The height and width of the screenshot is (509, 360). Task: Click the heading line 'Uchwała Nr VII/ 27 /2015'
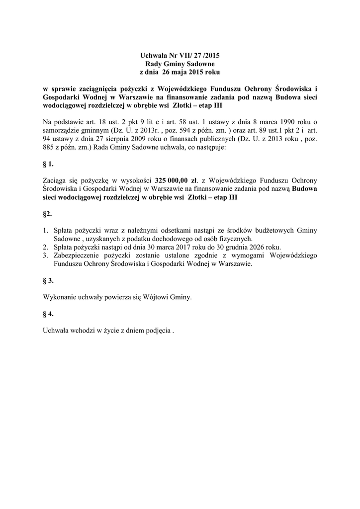tap(180, 56)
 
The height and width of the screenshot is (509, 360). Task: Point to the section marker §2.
tap(47, 214)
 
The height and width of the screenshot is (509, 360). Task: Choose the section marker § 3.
tap(48, 281)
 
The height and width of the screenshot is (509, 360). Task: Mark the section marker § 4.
tap(48, 314)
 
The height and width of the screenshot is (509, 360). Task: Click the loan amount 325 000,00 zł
tap(177, 181)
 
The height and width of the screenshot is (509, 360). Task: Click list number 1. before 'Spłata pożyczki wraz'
tap(45, 231)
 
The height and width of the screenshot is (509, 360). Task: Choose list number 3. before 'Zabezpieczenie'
tap(45, 256)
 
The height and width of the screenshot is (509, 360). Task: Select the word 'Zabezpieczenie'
tap(78, 256)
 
